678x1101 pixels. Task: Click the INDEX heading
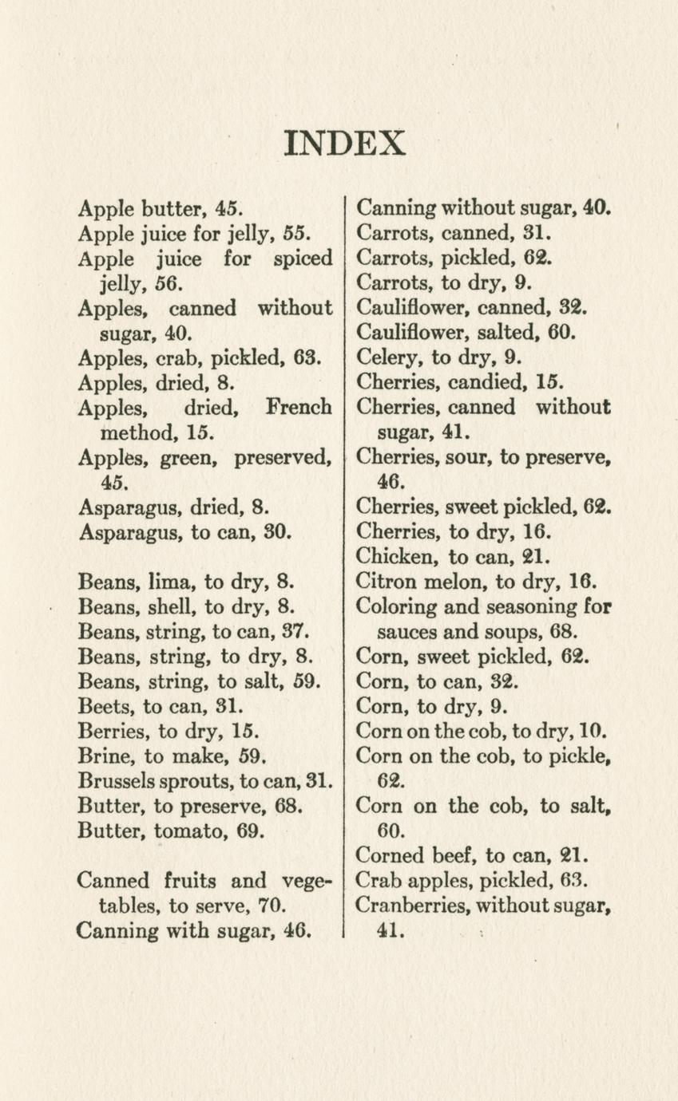[x=346, y=143]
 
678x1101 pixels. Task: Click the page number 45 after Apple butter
[x=227, y=210]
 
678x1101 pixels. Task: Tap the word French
[x=299, y=408]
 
